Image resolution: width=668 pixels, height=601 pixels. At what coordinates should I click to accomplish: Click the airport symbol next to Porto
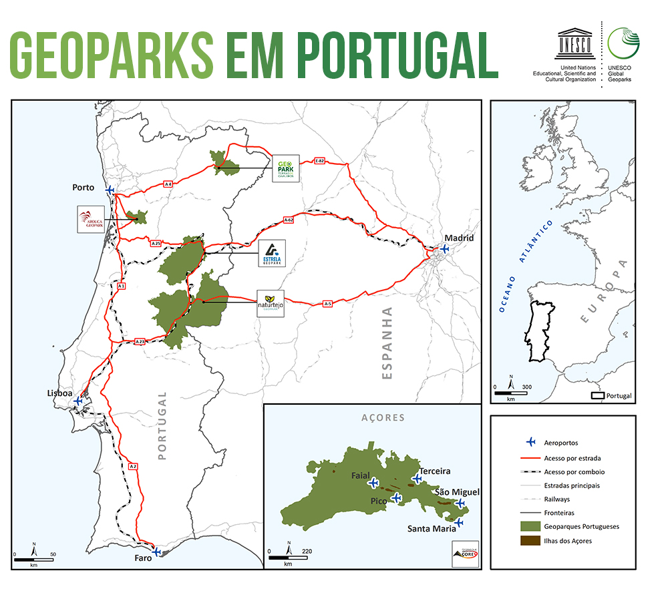point(110,190)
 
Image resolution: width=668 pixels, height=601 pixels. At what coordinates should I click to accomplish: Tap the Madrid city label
point(460,238)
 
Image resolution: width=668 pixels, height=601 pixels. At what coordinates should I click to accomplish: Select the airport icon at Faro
point(156,552)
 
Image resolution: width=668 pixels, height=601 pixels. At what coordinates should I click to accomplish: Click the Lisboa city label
point(59,393)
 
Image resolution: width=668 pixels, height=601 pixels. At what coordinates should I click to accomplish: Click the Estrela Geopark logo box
point(272,254)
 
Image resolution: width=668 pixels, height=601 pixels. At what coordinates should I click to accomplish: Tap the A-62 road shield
point(289,219)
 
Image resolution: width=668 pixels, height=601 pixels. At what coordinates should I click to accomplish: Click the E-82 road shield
point(319,162)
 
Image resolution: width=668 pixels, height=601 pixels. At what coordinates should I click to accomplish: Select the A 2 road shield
point(133,466)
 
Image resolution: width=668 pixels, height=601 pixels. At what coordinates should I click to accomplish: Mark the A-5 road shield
point(327,304)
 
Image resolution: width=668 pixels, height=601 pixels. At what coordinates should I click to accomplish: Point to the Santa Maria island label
point(432,528)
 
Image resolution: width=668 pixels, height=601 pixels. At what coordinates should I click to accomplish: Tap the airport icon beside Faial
point(373,483)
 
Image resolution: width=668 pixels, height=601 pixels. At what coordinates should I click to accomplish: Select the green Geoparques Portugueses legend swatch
point(530,526)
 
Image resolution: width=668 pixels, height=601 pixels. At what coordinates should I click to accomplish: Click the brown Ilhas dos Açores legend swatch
point(530,541)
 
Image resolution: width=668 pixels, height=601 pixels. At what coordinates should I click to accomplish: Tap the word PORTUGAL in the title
point(397,54)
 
